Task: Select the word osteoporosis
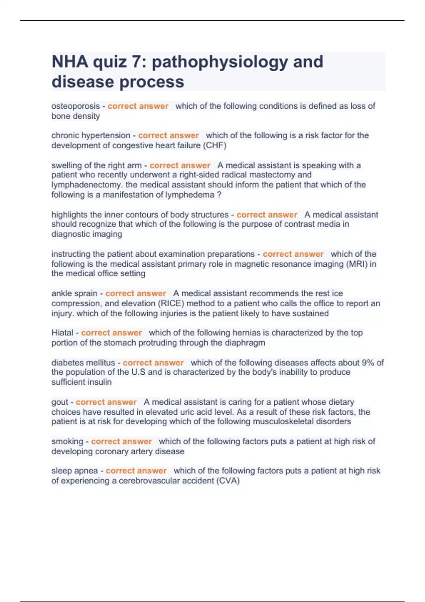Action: point(75,106)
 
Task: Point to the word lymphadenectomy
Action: point(87,185)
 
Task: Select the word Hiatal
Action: point(62,333)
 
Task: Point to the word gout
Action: point(59,402)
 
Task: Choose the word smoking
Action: point(67,442)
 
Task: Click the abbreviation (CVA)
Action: point(228,481)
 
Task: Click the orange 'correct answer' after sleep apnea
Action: point(136,471)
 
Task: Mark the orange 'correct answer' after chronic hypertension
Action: point(169,136)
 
